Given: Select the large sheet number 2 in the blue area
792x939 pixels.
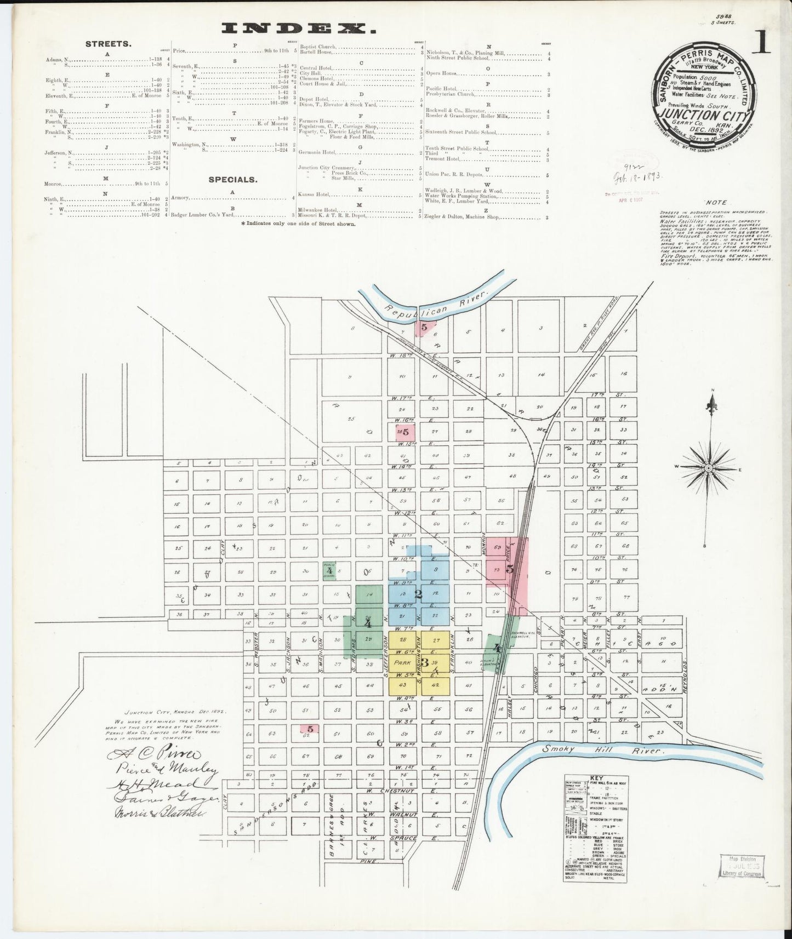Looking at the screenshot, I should tap(418, 595).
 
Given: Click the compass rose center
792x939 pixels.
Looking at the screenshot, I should tap(709, 468).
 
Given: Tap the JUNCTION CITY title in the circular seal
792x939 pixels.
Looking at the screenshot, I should tap(705, 116).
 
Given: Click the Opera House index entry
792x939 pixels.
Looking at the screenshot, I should tap(442, 73).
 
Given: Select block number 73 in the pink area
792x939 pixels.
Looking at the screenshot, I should tap(497, 570).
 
